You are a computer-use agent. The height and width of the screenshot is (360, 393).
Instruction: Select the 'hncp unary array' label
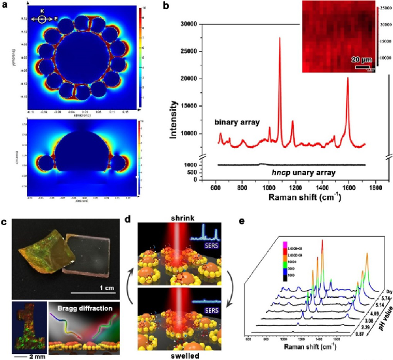[289, 173]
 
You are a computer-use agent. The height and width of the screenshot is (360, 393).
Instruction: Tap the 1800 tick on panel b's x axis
[375, 189]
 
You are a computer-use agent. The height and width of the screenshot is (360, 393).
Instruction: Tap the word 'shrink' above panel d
[178, 219]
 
